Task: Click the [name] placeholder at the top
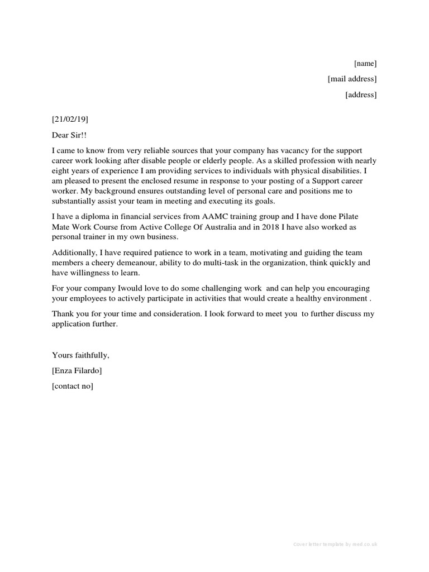(365, 63)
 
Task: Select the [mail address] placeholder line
(352, 79)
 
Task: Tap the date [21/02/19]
(70, 119)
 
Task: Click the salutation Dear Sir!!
(70, 135)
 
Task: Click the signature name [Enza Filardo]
(77, 370)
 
